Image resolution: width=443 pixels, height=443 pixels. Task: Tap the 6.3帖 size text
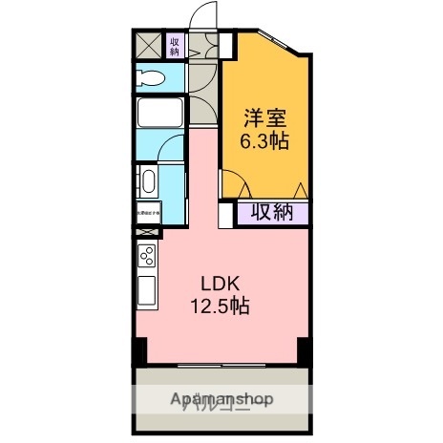click(x=265, y=141)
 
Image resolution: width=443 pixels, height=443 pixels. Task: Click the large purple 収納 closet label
click(x=272, y=212)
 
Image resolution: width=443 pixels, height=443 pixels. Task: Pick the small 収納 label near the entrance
click(x=176, y=45)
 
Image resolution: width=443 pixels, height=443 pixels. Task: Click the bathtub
click(x=158, y=114)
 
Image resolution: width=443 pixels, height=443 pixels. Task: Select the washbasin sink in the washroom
click(x=148, y=180)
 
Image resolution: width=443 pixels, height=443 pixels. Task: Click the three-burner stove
click(x=147, y=256)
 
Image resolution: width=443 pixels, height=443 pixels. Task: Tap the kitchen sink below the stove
click(x=146, y=290)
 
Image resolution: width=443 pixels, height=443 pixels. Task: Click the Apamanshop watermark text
click(x=221, y=399)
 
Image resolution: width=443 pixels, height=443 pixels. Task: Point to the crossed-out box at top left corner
click(x=149, y=45)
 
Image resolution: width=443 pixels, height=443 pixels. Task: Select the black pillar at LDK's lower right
click(x=304, y=350)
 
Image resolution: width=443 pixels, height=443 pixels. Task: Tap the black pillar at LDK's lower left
click(x=140, y=350)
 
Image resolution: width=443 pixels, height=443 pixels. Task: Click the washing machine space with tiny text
click(x=148, y=212)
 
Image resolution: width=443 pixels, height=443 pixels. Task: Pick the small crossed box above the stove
click(x=147, y=232)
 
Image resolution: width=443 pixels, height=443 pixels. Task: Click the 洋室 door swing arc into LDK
click(x=235, y=185)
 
